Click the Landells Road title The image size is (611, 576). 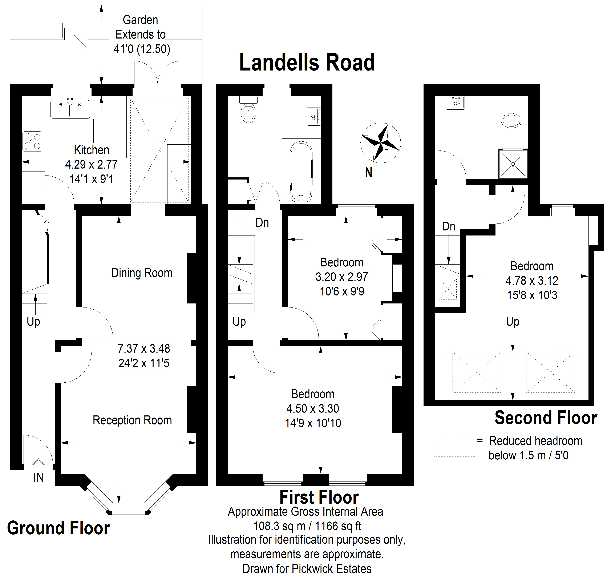(x=307, y=62)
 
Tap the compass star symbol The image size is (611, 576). (x=380, y=143)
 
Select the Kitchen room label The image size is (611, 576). (x=92, y=150)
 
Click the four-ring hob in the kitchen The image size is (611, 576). (x=32, y=142)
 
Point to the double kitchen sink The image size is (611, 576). (x=70, y=109)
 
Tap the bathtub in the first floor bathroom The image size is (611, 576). (x=301, y=172)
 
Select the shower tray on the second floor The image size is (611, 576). (x=513, y=164)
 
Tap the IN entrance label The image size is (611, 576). (x=39, y=477)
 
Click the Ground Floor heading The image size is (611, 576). (x=58, y=528)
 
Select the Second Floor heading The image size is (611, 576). (x=546, y=418)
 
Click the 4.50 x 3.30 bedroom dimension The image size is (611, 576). (x=313, y=408)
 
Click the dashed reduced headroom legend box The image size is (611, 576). (x=454, y=447)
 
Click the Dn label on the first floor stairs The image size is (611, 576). (x=262, y=222)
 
